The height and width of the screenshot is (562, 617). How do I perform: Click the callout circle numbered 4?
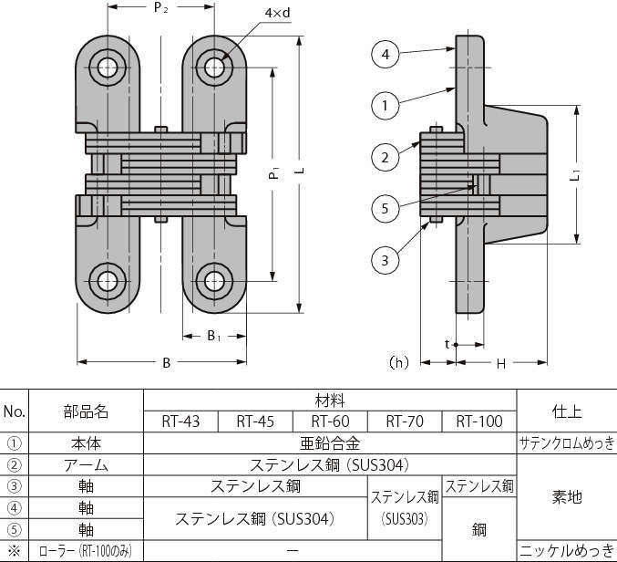pyautogui.click(x=386, y=54)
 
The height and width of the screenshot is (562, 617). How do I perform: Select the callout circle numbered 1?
pyautogui.click(x=386, y=105)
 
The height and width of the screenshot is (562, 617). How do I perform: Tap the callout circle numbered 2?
pyautogui.click(x=386, y=157)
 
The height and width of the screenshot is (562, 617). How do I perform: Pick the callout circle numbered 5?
pyautogui.click(x=386, y=208)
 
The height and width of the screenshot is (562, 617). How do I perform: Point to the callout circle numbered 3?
pyautogui.click(x=386, y=260)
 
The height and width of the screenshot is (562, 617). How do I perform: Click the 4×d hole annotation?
pyautogui.click(x=277, y=13)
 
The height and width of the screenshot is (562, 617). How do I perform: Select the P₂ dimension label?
pyautogui.click(x=160, y=7)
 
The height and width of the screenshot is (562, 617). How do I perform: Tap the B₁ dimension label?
pyautogui.click(x=213, y=336)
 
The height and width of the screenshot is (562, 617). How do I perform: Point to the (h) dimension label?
pyautogui.click(x=398, y=362)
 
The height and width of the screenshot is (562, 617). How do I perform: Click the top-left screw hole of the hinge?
pyautogui.click(x=108, y=68)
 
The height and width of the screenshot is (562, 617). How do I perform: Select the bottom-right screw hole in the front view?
pyautogui.click(x=214, y=282)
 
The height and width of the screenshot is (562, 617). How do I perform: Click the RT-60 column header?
pyautogui.click(x=330, y=421)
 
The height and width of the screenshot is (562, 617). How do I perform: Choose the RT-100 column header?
pyautogui.click(x=479, y=421)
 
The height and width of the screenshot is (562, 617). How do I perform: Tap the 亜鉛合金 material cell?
pyautogui.click(x=330, y=443)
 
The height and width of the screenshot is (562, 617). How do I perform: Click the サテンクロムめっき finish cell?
pyautogui.click(x=567, y=443)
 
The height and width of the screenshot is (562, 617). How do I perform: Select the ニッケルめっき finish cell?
pyautogui.click(x=567, y=550)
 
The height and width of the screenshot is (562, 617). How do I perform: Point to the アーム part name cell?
pyautogui.click(x=86, y=465)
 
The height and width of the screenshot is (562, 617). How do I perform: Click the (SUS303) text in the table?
pyautogui.click(x=405, y=519)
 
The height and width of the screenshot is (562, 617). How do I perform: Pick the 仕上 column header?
pyautogui.click(x=566, y=411)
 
